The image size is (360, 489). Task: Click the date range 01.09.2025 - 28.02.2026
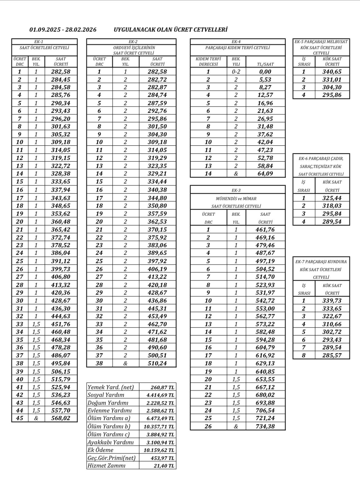[x=63, y=30]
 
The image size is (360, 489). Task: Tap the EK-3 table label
[x=236, y=190]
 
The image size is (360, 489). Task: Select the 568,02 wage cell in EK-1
[x=61, y=418]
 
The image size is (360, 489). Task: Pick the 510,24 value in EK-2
[x=157, y=363]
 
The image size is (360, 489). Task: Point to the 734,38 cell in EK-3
[x=265, y=426]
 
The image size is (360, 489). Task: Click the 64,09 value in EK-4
[x=265, y=174]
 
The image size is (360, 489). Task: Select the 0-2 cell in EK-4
[x=236, y=72]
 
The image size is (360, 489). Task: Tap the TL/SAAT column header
[x=265, y=64]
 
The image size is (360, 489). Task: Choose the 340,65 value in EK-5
[x=332, y=72]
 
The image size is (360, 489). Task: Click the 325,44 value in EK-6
[x=332, y=198]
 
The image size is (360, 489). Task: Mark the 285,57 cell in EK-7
[x=332, y=356]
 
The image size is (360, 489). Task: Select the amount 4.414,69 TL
[x=160, y=395]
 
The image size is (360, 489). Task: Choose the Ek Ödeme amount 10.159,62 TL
[x=159, y=450]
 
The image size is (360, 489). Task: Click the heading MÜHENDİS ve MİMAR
[x=236, y=198]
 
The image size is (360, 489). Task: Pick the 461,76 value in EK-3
[x=265, y=230]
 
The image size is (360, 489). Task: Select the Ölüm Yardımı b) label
[x=109, y=426]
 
